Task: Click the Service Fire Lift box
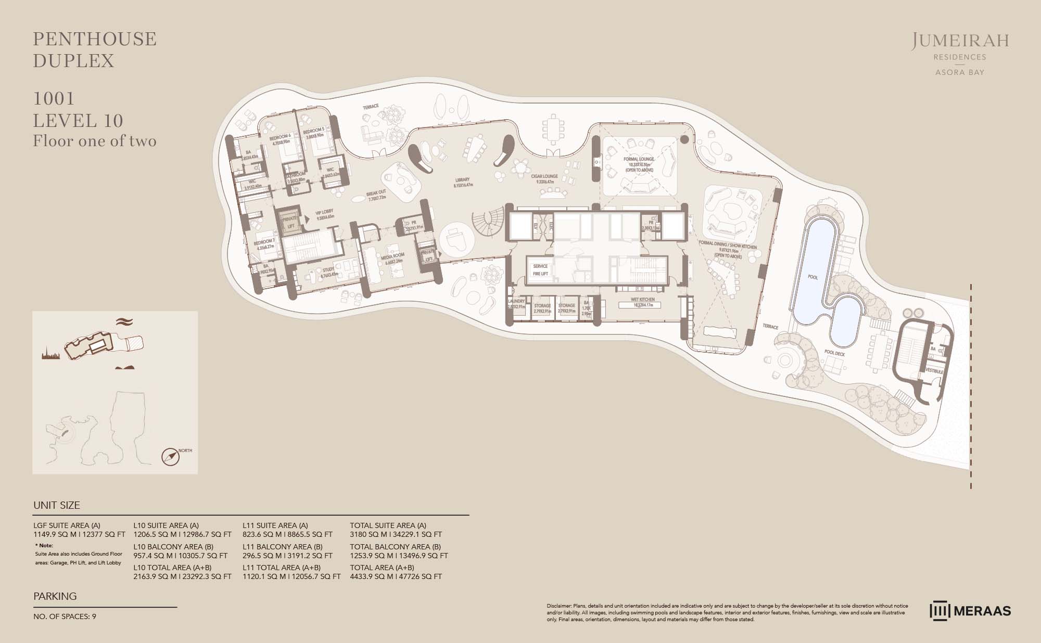[540, 269]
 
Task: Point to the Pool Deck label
[834, 353]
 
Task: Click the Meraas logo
[970, 611]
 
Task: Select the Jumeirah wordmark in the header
[960, 41]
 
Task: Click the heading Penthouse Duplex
[95, 50]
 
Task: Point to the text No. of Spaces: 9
[65, 616]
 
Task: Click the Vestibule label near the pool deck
[935, 371]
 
